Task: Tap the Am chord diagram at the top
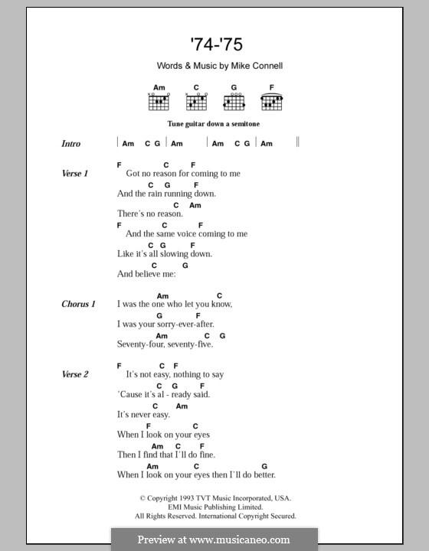159,100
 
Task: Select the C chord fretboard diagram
196,100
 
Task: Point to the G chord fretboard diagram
234,100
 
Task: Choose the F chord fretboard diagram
271,100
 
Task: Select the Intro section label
70,143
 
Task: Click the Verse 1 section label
75,174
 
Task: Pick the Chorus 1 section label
78,304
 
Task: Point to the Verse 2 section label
75,374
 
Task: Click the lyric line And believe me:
146,273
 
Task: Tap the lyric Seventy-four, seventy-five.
165,344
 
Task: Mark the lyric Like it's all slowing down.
165,253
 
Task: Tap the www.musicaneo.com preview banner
215,539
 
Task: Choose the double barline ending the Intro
297,142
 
